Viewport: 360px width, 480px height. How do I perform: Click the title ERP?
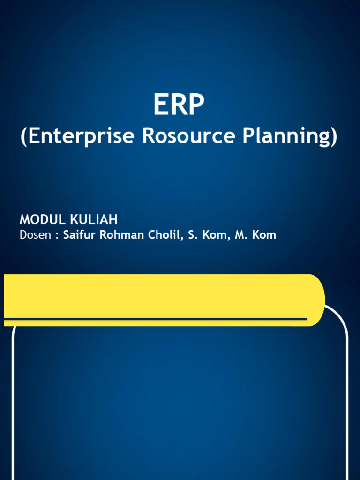pyautogui.click(x=179, y=105)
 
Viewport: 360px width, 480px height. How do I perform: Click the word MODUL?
pyautogui.click(x=43, y=219)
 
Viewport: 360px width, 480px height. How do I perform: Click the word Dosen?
pyautogui.click(x=35, y=235)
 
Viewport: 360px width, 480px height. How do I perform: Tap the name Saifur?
pyautogui.click(x=79, y=235)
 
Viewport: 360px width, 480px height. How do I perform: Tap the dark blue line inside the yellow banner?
pyautogui.click(x=155, y=319)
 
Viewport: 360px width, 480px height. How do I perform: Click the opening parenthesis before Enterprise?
pyautogui.click(x=24, y=136)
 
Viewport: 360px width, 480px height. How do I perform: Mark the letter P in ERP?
pyautogui.click(x=195, y=105)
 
